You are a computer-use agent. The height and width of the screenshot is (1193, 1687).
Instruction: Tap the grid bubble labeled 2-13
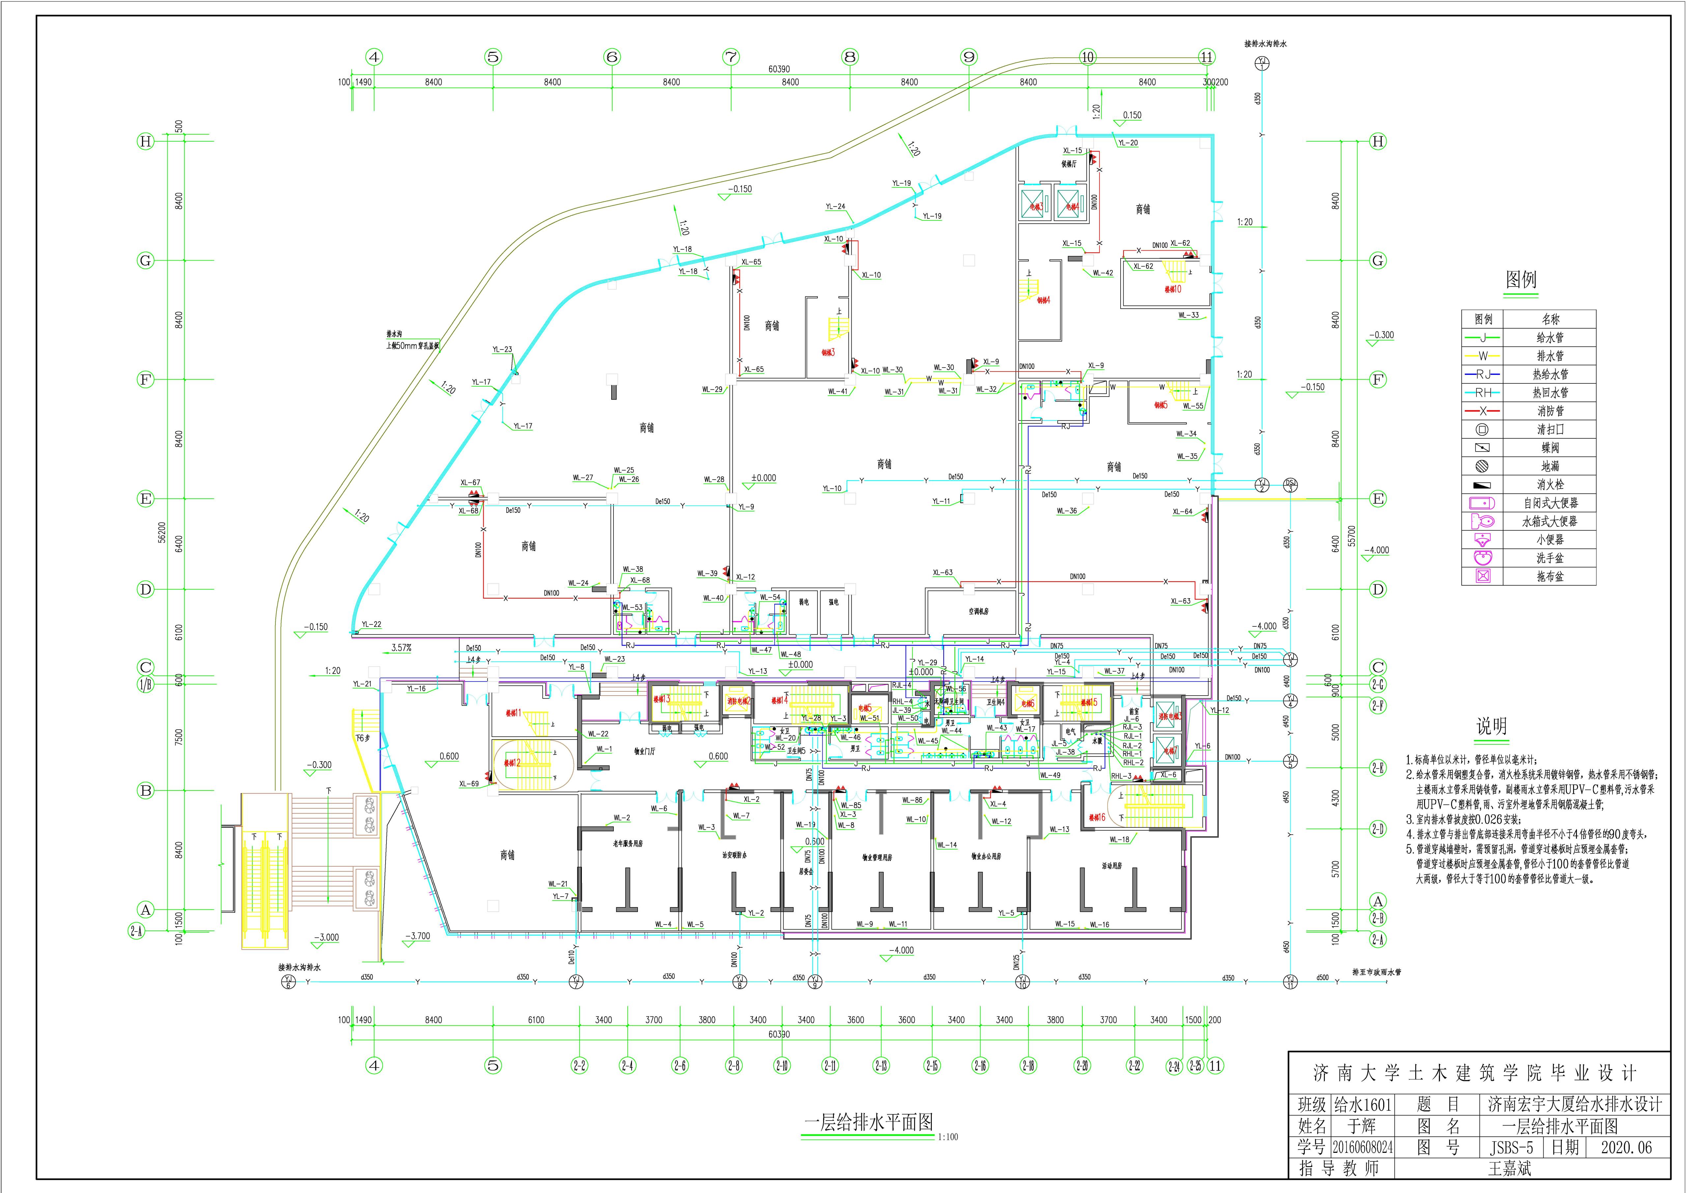[x=880, y=1065]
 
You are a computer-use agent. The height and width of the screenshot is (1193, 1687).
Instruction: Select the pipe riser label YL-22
[x=371, y=624]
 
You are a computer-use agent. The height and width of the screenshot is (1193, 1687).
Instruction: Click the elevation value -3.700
[x=417, y=936]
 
